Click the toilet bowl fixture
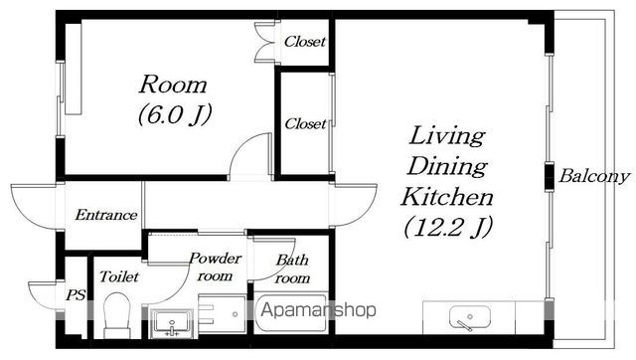point(117,315)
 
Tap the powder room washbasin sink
point(173,323)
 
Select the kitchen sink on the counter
point(470,318)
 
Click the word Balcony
point(594,176)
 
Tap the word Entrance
point(106,215)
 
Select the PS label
point(76,295)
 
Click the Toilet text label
point(119,276)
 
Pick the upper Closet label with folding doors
point(305,42)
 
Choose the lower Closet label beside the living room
point(305,123)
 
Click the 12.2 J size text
point(448,227)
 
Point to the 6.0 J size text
point(175,114)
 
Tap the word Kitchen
point(447,197)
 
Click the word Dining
point(447,166)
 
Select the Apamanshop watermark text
point(318,310)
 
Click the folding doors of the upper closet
point(264,42)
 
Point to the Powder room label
point(215,268)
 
